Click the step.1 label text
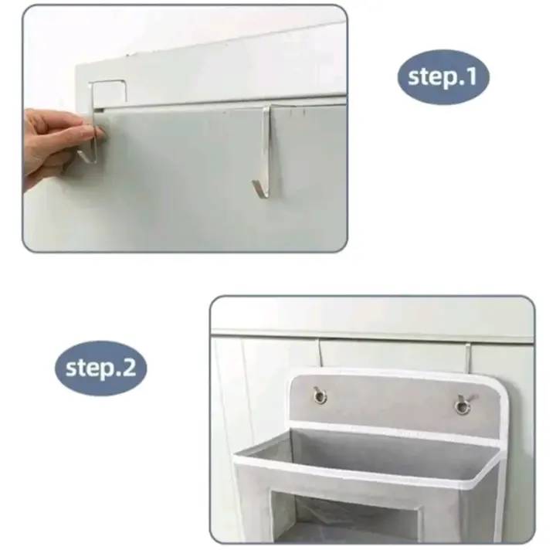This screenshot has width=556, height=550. [x=442, y=77]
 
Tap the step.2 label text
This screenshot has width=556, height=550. [x=101, y=368]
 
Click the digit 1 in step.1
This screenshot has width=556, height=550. [x=472, y=76]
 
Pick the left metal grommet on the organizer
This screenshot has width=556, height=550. [x=320, y=396]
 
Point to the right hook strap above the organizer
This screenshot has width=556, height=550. [x=467, y=358]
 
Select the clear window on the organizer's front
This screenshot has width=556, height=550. [x=354, y=518]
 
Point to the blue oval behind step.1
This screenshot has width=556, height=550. [x=443, y=77]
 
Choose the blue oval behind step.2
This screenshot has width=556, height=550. [x=100, y=368]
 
